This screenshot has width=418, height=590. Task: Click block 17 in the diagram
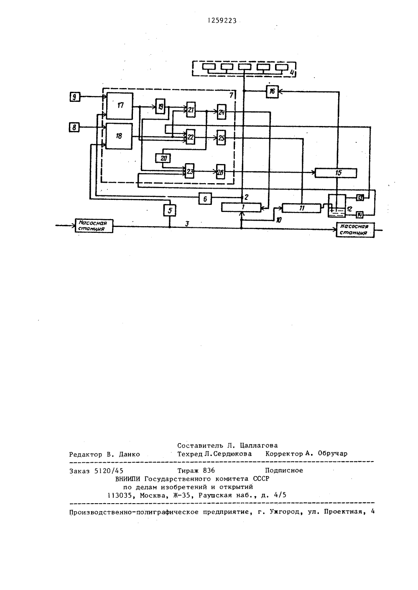coord(120,106)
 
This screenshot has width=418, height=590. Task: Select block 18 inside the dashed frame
coord(119,136)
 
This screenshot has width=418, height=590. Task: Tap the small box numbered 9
coord(75,97)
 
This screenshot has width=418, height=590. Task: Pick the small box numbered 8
coord(74,128)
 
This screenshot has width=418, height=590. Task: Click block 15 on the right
coord(336,173)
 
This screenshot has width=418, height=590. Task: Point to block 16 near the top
coord(272,92)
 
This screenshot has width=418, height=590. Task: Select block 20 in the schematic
coord(163,158)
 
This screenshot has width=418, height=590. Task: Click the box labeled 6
coord(205,199)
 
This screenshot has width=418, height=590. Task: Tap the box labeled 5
coord(170,210)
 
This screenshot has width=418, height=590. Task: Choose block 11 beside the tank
coord(301,208)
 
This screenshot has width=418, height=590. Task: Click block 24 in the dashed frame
coord(222,112)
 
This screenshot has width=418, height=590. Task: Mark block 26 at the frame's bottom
coord(221,172)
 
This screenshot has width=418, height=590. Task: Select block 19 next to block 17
coord(160,106)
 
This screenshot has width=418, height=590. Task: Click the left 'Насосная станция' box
coord(94,226)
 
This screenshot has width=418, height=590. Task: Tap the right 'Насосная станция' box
coord(355,230)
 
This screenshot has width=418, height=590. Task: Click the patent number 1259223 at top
coord(222,21)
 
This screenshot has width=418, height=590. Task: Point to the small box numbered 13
coord(360,197)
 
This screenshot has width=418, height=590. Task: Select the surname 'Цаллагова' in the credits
coord(259,445)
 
